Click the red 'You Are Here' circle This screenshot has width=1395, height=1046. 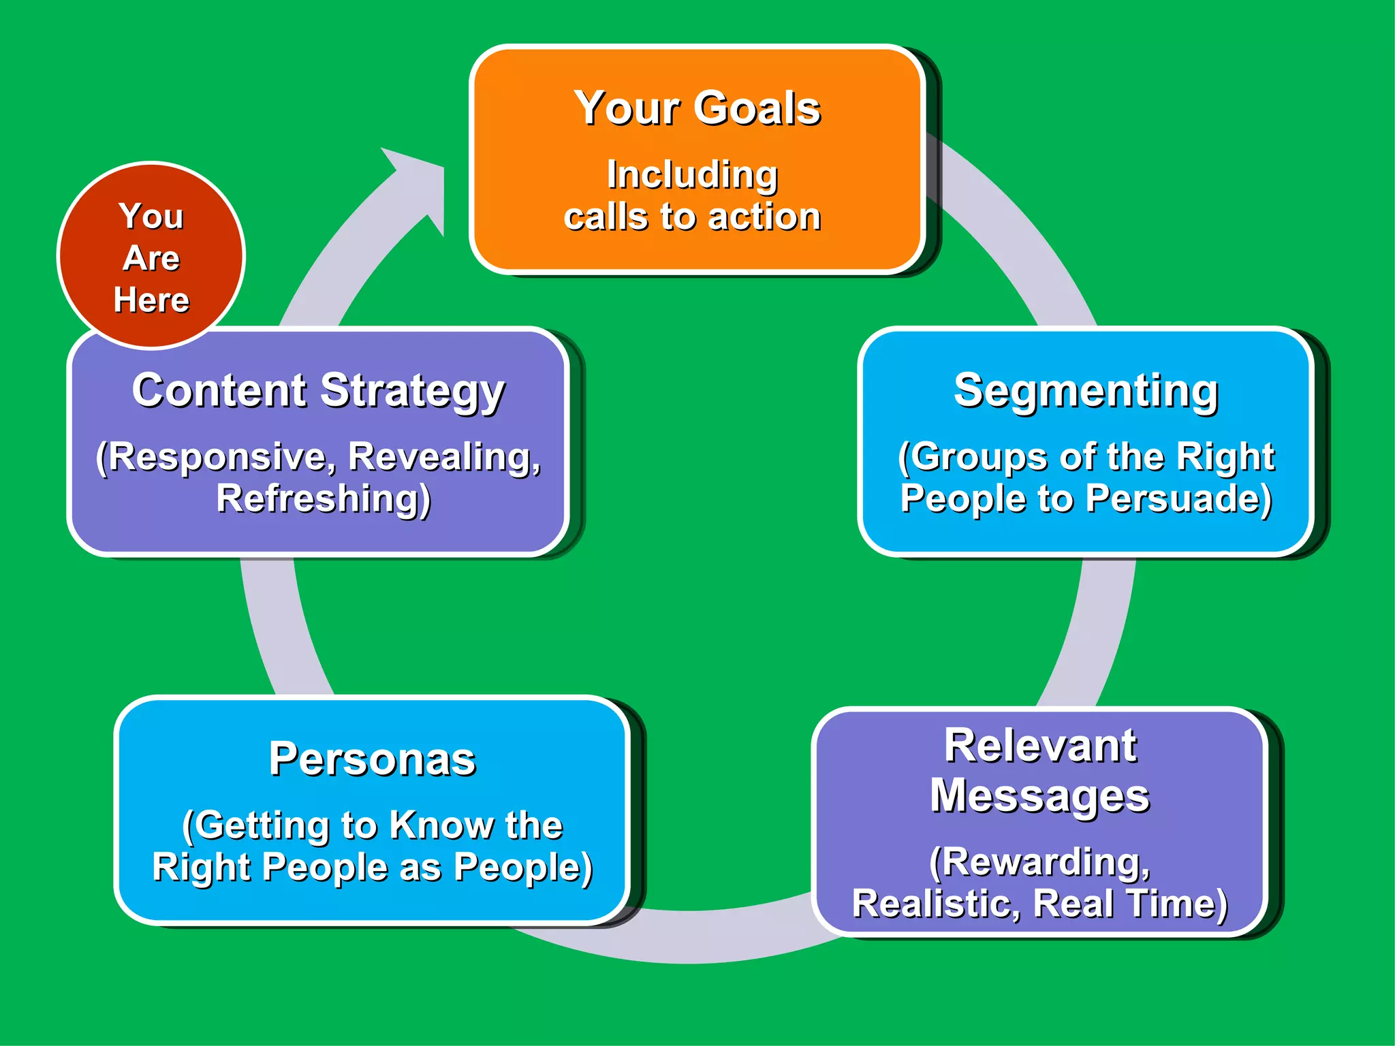point(151,255)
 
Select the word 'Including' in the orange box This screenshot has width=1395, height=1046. point(692,175)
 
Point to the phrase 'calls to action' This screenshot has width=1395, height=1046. point(692,217)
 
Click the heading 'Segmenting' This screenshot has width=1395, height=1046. point(1086,391)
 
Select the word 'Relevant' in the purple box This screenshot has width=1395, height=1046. point(1040,746)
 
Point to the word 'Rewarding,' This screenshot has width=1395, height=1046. point(1040,862)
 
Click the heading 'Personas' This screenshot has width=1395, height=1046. point(372,759)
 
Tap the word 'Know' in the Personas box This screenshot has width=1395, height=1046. point(441,825)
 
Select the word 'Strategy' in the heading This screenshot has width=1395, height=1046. point(413,392)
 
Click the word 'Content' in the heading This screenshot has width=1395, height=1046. point(219,390)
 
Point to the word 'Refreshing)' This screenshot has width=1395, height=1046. point(324,499)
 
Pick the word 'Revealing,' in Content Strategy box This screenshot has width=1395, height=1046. point(444,456)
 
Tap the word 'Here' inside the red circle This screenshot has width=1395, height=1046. point(151,300)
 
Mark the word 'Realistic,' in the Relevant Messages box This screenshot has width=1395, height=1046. point(937,904)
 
